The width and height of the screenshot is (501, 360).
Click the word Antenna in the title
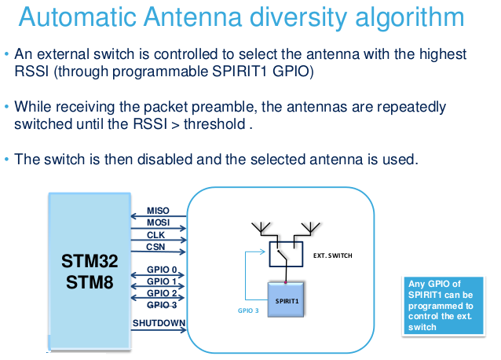[192, 17]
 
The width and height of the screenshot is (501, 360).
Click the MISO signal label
[158, 211]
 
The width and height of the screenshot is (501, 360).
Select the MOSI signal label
[158, 222]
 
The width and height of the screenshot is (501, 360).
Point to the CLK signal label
[155, 235]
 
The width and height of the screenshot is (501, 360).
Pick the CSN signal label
[155, 247]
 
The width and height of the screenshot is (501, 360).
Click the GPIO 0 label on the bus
[162, 270]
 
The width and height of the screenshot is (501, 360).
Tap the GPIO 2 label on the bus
[162, 293]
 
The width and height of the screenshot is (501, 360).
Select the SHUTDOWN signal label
[159, 323]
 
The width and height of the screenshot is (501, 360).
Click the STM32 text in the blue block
[90, 261]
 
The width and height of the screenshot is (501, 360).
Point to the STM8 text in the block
[90, 282]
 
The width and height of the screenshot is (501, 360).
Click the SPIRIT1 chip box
[286, 300]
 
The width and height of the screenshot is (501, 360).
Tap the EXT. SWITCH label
[333, 255]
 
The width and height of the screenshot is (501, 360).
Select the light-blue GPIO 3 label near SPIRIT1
[248, 310]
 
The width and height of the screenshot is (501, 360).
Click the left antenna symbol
[261, 228]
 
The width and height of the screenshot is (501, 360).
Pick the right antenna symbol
[310, 228]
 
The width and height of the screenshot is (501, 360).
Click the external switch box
[286, 254]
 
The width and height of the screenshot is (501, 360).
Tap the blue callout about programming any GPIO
[444, 306]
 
